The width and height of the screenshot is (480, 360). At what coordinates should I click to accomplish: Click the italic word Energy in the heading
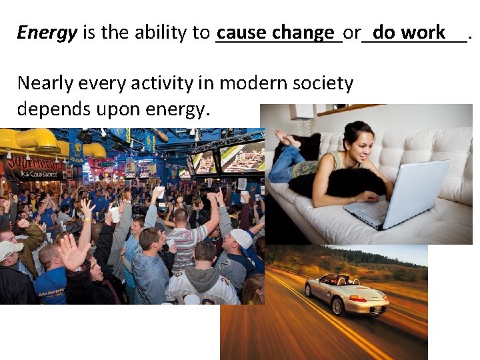47,33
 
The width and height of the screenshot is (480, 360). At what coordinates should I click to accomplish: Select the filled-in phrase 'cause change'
275,32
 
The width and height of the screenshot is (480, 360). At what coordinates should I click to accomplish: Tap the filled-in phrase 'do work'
409,32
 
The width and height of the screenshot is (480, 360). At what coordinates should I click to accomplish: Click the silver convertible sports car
346,293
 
